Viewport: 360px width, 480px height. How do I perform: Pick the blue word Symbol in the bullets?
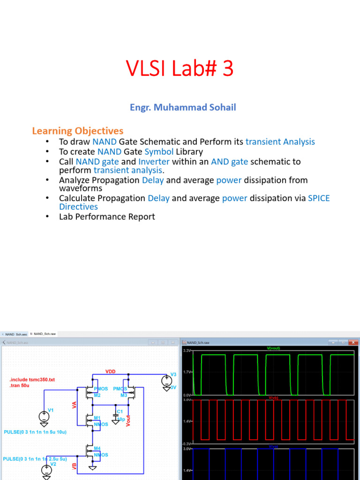coord(159,151)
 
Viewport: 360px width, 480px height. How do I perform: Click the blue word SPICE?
coord(319,198)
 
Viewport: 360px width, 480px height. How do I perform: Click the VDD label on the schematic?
coord(110,371)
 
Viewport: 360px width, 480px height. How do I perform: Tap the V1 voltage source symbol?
coord(44,416)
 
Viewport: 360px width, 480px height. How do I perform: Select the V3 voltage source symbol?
coord(166,380)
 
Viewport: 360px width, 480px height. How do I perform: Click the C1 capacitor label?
coord(120,411)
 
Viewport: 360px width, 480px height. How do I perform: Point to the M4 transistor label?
coord(97,448)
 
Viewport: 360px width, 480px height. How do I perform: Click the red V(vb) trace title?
coord(273,397)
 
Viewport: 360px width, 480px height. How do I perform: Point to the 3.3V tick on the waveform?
coord(186,351)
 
